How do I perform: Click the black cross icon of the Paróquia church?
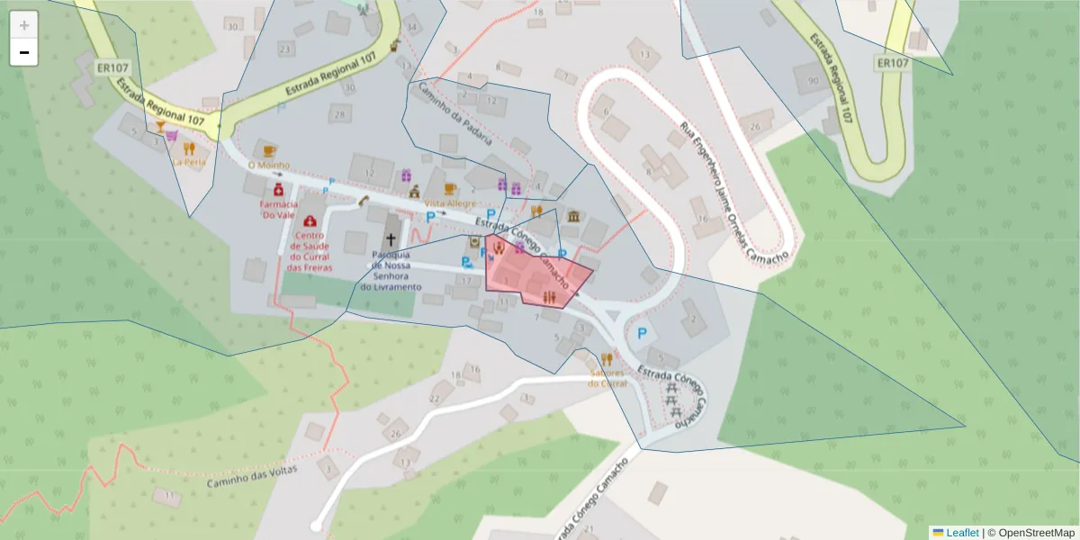[391, 239]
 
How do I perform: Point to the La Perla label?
[190, 163]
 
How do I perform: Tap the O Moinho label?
[267, 166]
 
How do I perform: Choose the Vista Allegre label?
[450, 204]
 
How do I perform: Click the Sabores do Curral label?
[607, 377]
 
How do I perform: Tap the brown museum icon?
[573, 216]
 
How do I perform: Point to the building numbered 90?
[813, 80]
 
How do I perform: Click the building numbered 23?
[285, 49]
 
